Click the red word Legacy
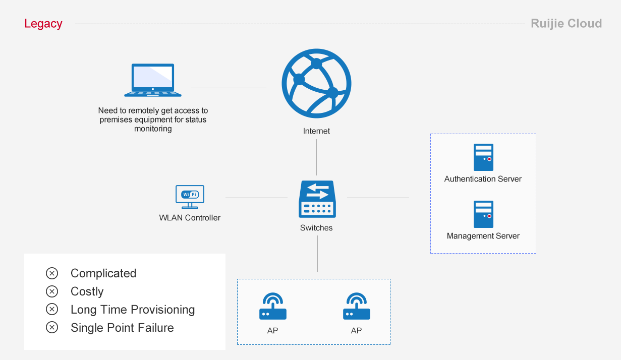point(43,24)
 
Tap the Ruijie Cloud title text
point(566,24)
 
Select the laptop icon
point(153,80)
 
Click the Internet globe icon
point(316,83)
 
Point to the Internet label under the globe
point(316,131)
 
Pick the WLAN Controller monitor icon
point(190,197)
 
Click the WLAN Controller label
point(190,218)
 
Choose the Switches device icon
point(317,199)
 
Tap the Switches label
point(316,228)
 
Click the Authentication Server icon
point(483,157)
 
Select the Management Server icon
point(483,214)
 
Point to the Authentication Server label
point(483,179)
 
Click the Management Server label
point(483,236)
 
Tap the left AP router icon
point(273,306)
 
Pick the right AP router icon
point(357,306)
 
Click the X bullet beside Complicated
point(52,273)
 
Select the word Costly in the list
point(87,291)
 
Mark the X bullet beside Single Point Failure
point(52,328)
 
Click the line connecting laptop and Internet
point(229,88)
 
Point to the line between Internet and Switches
point(317,157)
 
